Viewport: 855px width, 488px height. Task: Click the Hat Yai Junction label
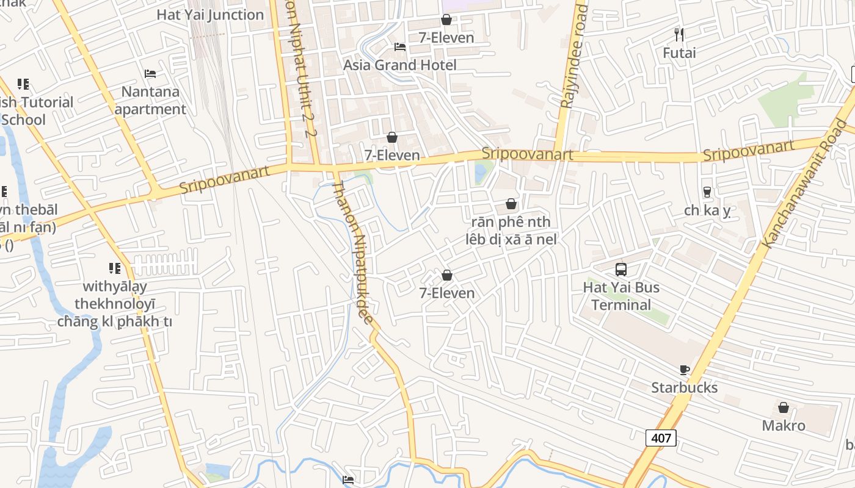tap(210, 15)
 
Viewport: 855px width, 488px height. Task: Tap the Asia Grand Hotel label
tap(399, 65)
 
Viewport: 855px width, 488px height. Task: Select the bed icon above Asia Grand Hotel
tap(400, 47)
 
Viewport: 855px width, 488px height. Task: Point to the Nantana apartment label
tap(150, 101)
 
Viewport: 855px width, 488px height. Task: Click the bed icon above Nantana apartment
tap(150, 74)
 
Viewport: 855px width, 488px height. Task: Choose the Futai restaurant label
tap(679, 53)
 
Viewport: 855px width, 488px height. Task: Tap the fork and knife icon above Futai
tap(679, 34)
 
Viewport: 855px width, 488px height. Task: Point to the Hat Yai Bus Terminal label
tap(621, 296)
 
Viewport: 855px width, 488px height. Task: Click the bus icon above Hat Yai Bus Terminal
tap(621, 269)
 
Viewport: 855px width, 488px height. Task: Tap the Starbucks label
tap(684, 387)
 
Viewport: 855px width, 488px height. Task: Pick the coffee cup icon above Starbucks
tap(685, 370)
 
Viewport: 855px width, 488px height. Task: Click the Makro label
tap(784, 425)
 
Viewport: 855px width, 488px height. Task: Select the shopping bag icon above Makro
tap(784, 407)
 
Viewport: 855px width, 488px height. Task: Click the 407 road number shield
tap(661, 437)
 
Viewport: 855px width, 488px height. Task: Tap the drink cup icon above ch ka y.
tap(707, 192)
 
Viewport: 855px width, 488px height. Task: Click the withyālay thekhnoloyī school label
tap(115, 304)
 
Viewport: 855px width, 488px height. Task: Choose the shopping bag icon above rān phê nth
tap(511, 204)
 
